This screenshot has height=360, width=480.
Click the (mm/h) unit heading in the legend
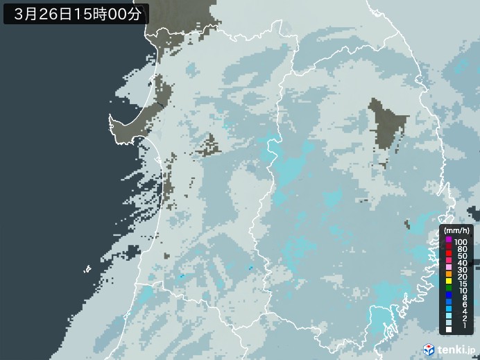456,230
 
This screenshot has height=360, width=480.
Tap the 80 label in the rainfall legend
461,248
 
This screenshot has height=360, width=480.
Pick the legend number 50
461,256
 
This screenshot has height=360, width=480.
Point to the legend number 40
461,264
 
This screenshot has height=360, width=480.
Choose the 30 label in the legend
461,271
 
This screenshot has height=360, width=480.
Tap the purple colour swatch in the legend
448,240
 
